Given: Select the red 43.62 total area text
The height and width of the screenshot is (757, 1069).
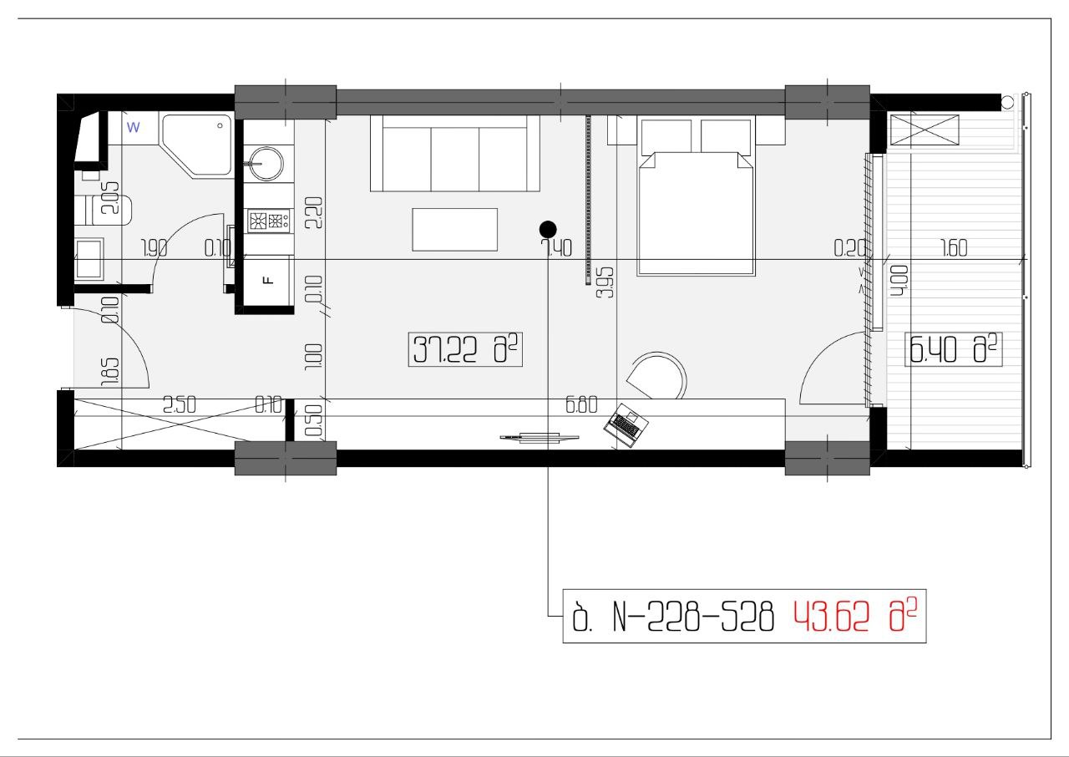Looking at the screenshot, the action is (831, 617).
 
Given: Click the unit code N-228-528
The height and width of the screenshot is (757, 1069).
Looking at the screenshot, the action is (693, 617).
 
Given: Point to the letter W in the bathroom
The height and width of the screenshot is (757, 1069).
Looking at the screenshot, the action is (133, 128).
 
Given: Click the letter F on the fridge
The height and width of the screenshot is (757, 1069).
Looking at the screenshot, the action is (269, 280).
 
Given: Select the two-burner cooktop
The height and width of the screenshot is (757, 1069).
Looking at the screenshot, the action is (269, 221).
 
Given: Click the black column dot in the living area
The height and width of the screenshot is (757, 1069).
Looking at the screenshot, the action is (548, 230).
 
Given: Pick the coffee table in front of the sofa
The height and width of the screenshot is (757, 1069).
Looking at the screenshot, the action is (455, 229).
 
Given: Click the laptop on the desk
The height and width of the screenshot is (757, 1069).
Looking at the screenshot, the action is (626, 424).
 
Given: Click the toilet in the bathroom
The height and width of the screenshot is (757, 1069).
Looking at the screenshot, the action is (103, 210).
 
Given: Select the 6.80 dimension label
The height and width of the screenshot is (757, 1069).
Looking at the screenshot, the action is (581, 405).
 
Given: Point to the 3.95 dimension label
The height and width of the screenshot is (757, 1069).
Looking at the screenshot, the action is (605, 282).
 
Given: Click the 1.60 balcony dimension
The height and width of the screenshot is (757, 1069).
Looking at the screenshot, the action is (954, 247).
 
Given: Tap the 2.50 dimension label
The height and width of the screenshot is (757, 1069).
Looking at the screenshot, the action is (180, 404).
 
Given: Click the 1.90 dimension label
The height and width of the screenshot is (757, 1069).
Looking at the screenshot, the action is (155, 248).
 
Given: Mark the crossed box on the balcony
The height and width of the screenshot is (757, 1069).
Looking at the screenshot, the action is (925, 130).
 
